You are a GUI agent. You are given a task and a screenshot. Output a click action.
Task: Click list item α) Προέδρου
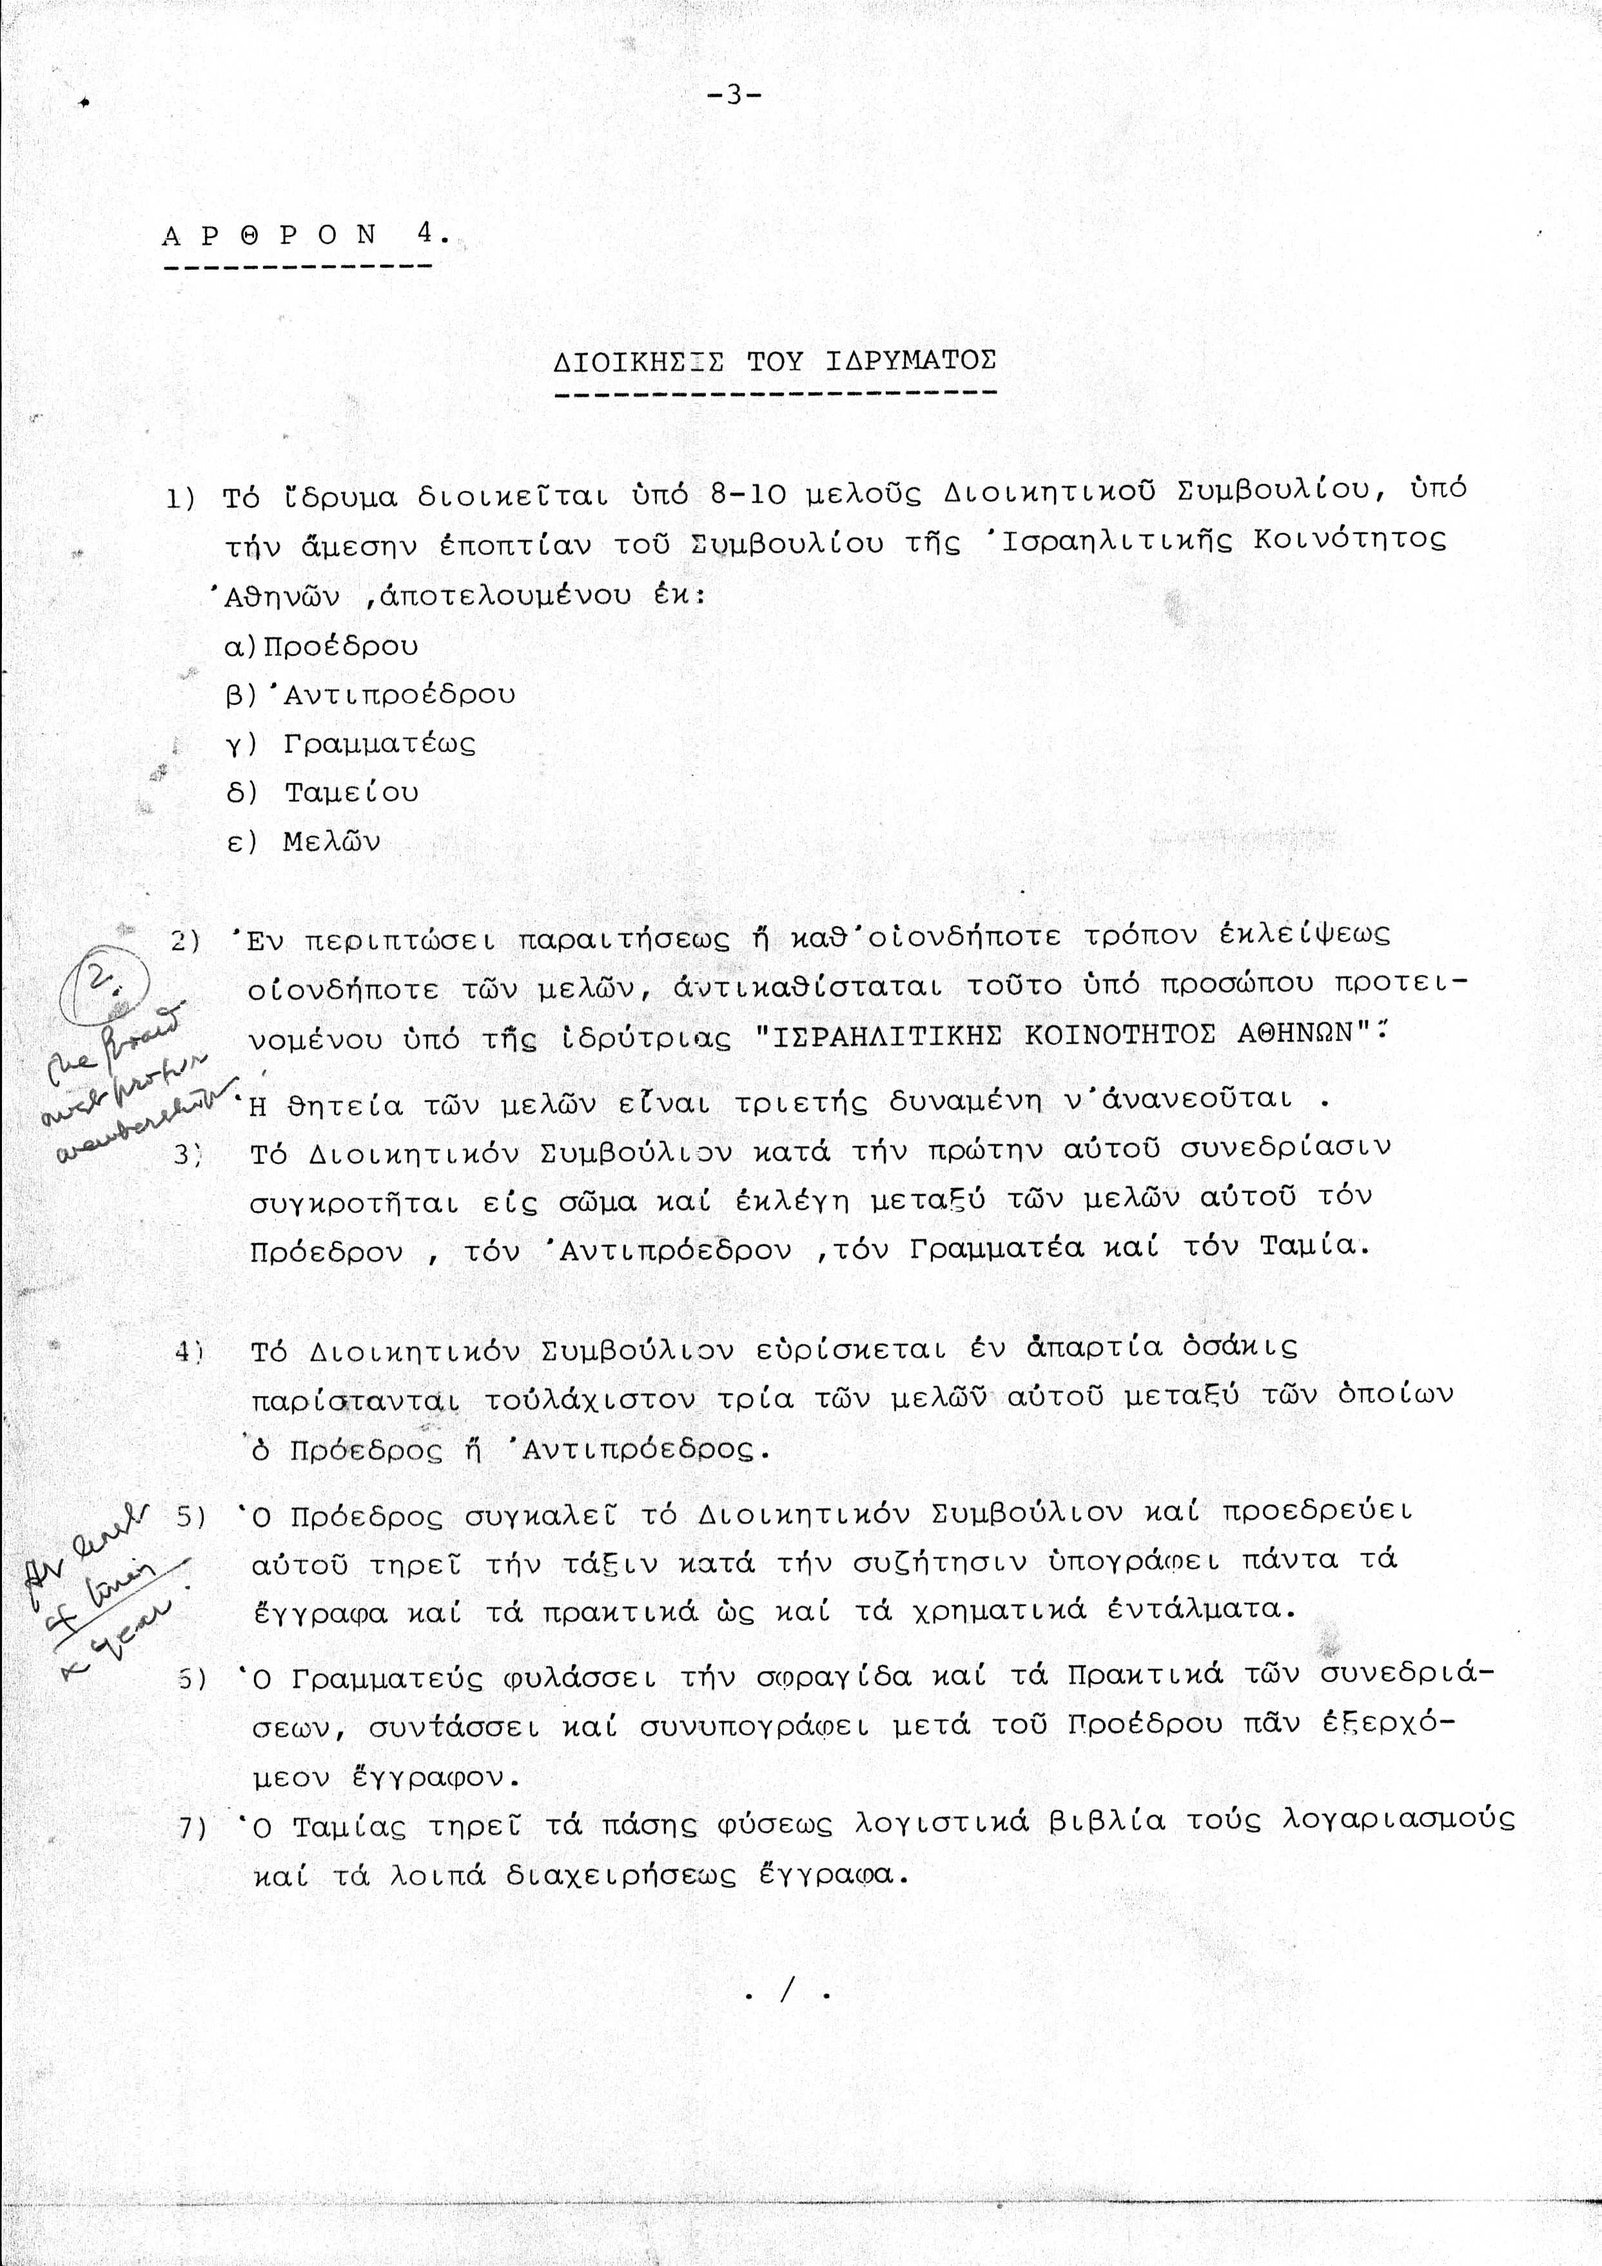pyautogui.click(x=322, y=647)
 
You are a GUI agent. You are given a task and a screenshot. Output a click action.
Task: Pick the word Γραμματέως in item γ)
pyautogui.click(x=379, y=743)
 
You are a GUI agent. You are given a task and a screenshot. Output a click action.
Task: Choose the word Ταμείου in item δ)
pyautogui.click(x=351, y=792)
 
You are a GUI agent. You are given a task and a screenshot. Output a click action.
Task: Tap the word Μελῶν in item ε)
pyautogui.click(x=331, y=842)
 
